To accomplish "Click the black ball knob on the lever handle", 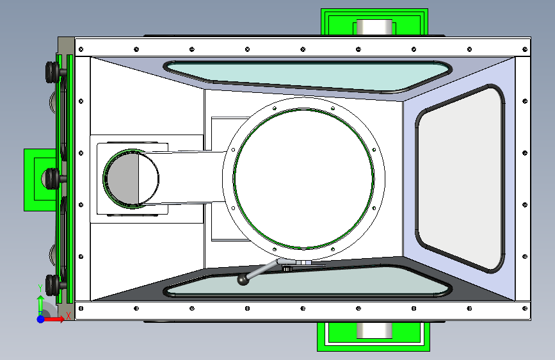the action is coord(243,279).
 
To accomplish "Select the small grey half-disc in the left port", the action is coord(122,179).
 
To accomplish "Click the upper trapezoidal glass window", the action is coord(301,76).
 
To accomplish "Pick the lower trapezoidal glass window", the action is coord(301,282).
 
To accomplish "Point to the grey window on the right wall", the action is coord(459,178).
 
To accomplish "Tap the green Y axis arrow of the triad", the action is coord(40,302).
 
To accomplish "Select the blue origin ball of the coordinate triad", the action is coord(40,318).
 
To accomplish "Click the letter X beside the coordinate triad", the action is coord(68,315).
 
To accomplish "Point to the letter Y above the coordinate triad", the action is coord(40,287).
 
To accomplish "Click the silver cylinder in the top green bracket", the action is coord(374,28).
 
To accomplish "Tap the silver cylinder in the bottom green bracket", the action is coord(374,331).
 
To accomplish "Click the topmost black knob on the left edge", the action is coord(52,70).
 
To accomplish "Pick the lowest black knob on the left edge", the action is coord(52,282).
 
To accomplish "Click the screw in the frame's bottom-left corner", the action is coord(81,308).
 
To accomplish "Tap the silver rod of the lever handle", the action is coord(262,270).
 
